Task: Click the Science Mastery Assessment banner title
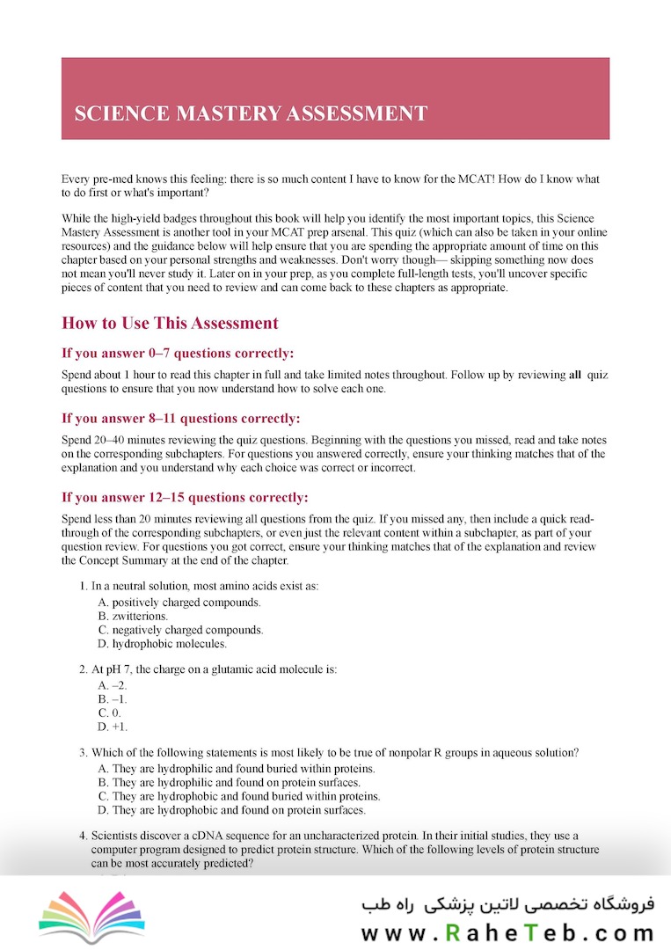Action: [x=251, y=113]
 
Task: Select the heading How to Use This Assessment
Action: [x=170, y=323]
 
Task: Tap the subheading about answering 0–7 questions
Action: [x=178, y=354]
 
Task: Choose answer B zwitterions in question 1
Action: [x=133, y=617]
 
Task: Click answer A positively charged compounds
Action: [x=179, y=603]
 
